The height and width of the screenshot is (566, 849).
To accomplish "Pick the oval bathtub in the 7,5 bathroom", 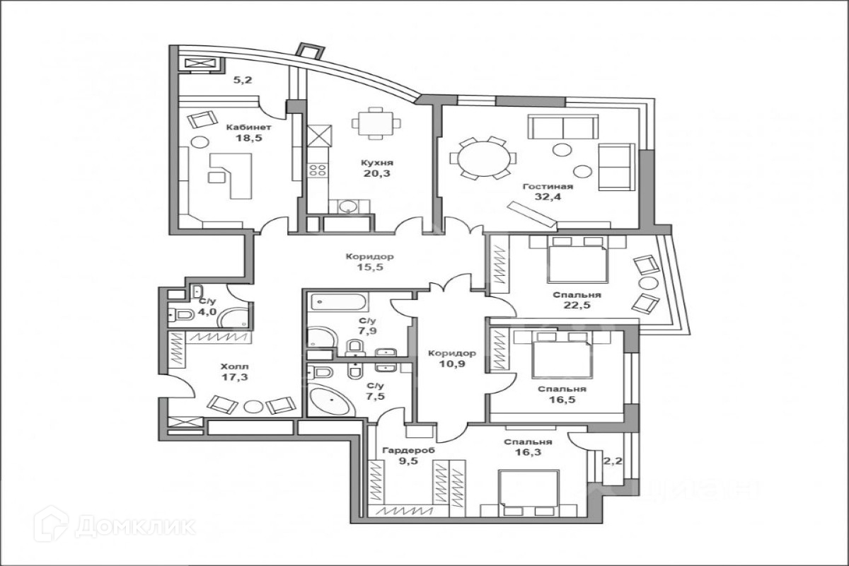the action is pos(331,402).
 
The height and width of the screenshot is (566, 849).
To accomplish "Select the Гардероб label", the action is pos(408,450).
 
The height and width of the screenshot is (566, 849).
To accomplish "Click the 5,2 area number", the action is pos(243,80).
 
